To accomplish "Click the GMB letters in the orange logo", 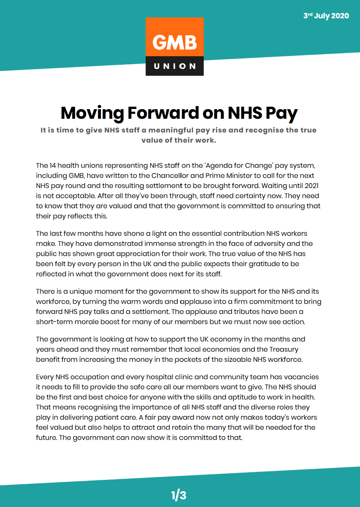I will (175, 43).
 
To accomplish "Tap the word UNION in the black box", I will (175, 66).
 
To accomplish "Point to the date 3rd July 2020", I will (326, 16).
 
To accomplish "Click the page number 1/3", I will (179, 495).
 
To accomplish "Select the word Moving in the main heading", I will (92, 113).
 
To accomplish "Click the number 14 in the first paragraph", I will (52, 165).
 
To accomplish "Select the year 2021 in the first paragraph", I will (311, 186).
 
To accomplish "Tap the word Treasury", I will (283, 349).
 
